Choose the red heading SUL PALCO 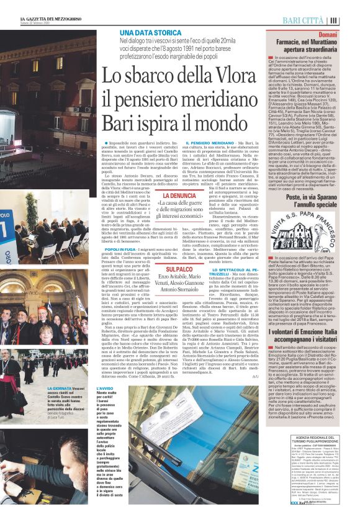179,269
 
